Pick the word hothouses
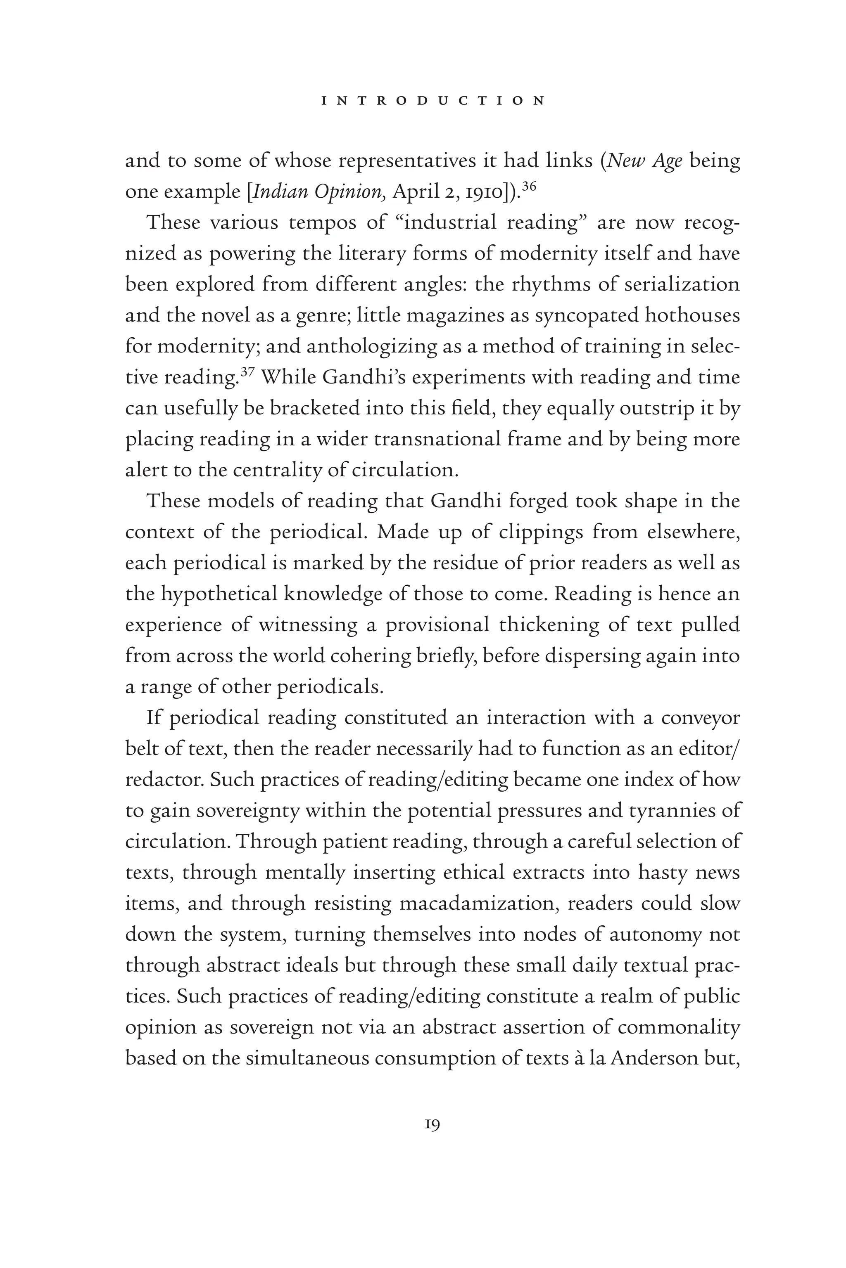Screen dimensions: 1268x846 692,315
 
